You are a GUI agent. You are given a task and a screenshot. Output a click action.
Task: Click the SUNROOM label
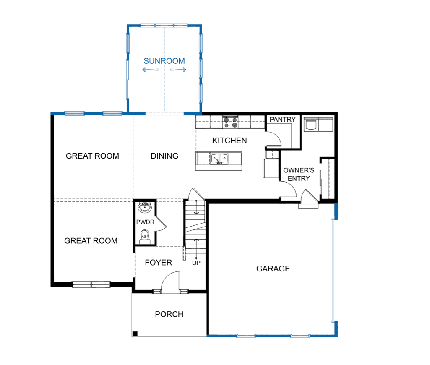(164, 61)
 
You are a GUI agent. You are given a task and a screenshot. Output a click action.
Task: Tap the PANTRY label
(282, 120)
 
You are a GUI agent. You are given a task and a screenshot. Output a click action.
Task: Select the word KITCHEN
(229, 141)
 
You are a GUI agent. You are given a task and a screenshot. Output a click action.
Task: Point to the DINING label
(164, 156)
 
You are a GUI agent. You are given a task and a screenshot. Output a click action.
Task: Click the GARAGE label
(273, 269)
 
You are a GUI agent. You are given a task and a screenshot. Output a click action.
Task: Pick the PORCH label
(169, 314)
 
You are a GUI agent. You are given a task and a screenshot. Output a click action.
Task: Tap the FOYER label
(159, 263)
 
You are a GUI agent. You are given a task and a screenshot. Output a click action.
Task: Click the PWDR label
(145, 222)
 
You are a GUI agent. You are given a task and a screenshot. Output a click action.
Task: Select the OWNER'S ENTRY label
(299, 175)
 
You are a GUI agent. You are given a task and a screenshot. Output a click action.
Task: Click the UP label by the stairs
(196, 263)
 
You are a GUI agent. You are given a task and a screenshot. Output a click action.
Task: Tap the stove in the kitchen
(230, 123)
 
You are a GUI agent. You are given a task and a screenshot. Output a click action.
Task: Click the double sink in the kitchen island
(219, 159)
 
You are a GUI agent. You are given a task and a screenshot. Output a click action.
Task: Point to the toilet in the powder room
(145, 237)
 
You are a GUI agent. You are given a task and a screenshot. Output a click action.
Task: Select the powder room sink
(144, 208)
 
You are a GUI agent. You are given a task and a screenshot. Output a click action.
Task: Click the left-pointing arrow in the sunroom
(150, 70)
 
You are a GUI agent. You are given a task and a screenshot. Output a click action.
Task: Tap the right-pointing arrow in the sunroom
(178, 70)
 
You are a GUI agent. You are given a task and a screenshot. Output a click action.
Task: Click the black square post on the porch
(135, 334)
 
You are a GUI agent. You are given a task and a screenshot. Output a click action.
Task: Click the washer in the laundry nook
(311, 125)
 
